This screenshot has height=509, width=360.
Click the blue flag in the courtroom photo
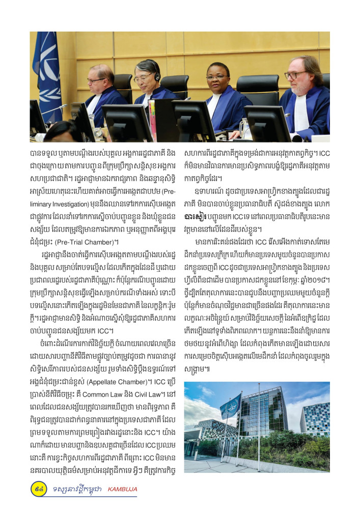(x=48, y=76)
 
